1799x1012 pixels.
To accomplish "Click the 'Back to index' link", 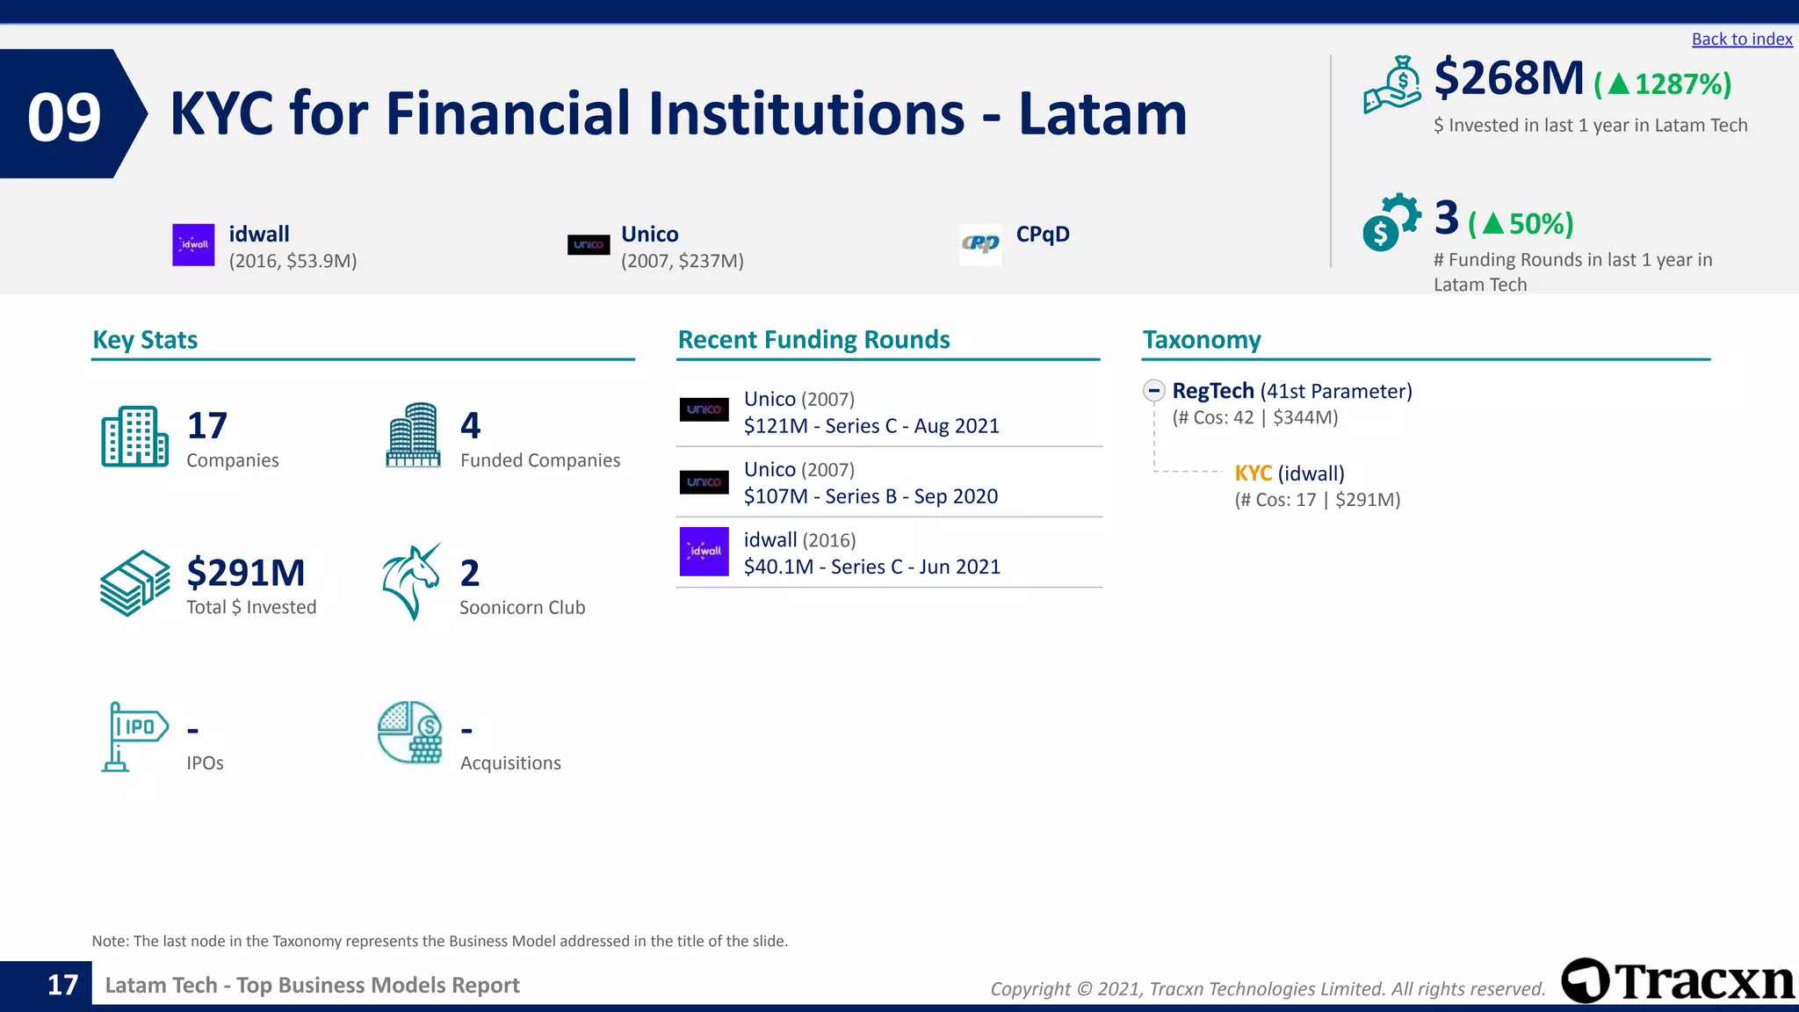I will (1741, 40).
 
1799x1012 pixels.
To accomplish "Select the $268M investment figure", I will (1508, 78).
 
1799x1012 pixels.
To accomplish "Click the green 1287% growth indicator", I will (1663, 84).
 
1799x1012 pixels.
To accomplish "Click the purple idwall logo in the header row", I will (193, 245).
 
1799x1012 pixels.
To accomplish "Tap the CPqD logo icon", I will (980, 244).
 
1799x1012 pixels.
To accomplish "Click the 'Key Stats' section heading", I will (145, 340).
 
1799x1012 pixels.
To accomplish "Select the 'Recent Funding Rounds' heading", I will (813, 340).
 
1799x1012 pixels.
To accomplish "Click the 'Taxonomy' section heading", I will (1201, 340).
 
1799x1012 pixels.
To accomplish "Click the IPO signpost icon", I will (134, 736).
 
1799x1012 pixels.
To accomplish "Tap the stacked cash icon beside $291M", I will (134, 582).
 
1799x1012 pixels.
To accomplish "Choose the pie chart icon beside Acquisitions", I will (410, 732).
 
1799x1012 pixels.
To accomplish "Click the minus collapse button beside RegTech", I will (1154, 391).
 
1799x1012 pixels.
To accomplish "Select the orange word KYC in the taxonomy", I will (1253, 473).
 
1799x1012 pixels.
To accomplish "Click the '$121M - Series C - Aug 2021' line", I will (871, 426).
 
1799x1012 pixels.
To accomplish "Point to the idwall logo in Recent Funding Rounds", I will (704, 552).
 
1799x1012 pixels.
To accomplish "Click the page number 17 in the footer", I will (62, 985).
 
